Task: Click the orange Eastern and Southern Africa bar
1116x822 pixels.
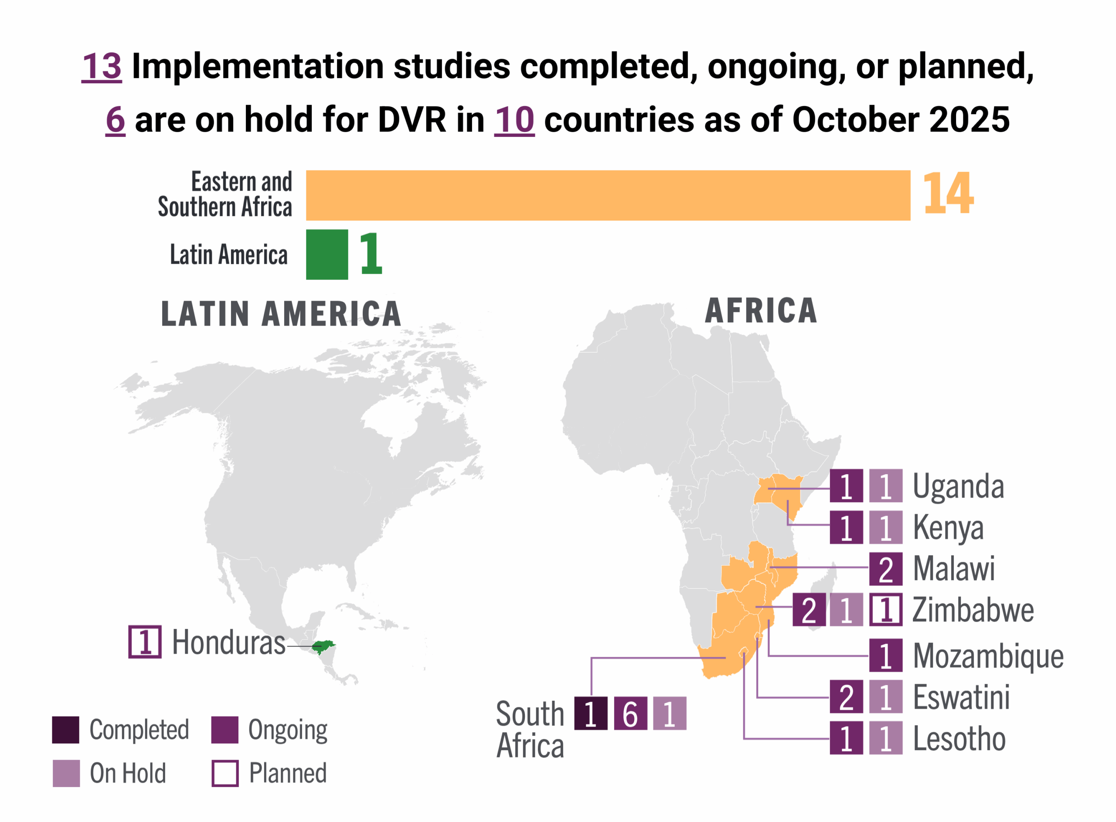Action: [608, 195]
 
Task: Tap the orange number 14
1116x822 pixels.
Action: [947, 194]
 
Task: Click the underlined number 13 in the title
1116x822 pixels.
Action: [102, 66]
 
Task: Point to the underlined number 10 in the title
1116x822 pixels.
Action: [514, 120]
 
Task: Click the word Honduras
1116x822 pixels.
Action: [228, 642]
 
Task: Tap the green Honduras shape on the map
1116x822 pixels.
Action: [323, 646]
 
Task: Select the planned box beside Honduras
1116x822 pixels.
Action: [145, 642]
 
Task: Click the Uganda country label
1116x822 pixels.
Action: [958, 486]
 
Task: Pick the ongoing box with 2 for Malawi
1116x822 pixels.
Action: [886, 569]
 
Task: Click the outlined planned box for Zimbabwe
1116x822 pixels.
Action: [886, 610]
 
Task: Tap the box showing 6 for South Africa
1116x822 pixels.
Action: [630, 713]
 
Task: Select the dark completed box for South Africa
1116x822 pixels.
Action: [591, 713]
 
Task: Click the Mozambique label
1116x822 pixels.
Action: [988, 656]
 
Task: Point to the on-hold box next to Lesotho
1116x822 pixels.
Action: [886, 737]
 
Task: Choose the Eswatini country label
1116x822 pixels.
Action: [961, 696]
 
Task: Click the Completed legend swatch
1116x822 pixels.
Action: [66, 730]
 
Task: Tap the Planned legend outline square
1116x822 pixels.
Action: [225, 773]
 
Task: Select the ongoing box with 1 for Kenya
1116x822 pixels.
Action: [846, 527]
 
